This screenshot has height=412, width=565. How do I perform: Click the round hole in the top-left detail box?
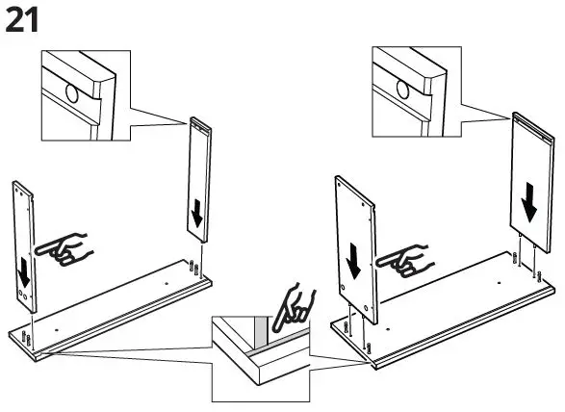pyautogui.click(x=71, y=94)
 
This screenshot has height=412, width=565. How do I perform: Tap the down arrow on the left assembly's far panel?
pyautogui.click(x=196, y=214)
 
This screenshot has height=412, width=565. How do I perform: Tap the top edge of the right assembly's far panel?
pyautogui.click(x=534, y=118)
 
